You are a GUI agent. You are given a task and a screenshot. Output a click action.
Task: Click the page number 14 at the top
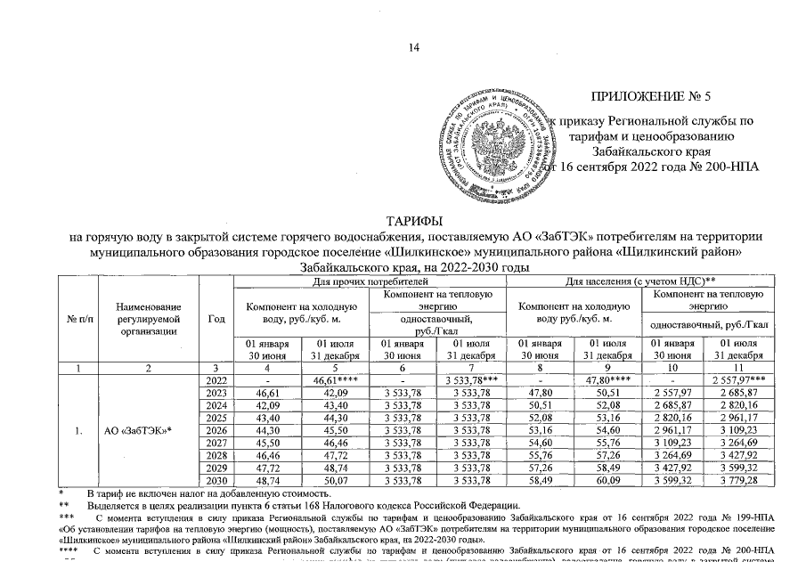coord(413,47)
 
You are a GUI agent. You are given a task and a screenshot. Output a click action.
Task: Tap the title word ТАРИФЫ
coord(414,220)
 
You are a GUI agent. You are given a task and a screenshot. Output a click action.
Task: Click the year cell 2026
coord(215,430)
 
